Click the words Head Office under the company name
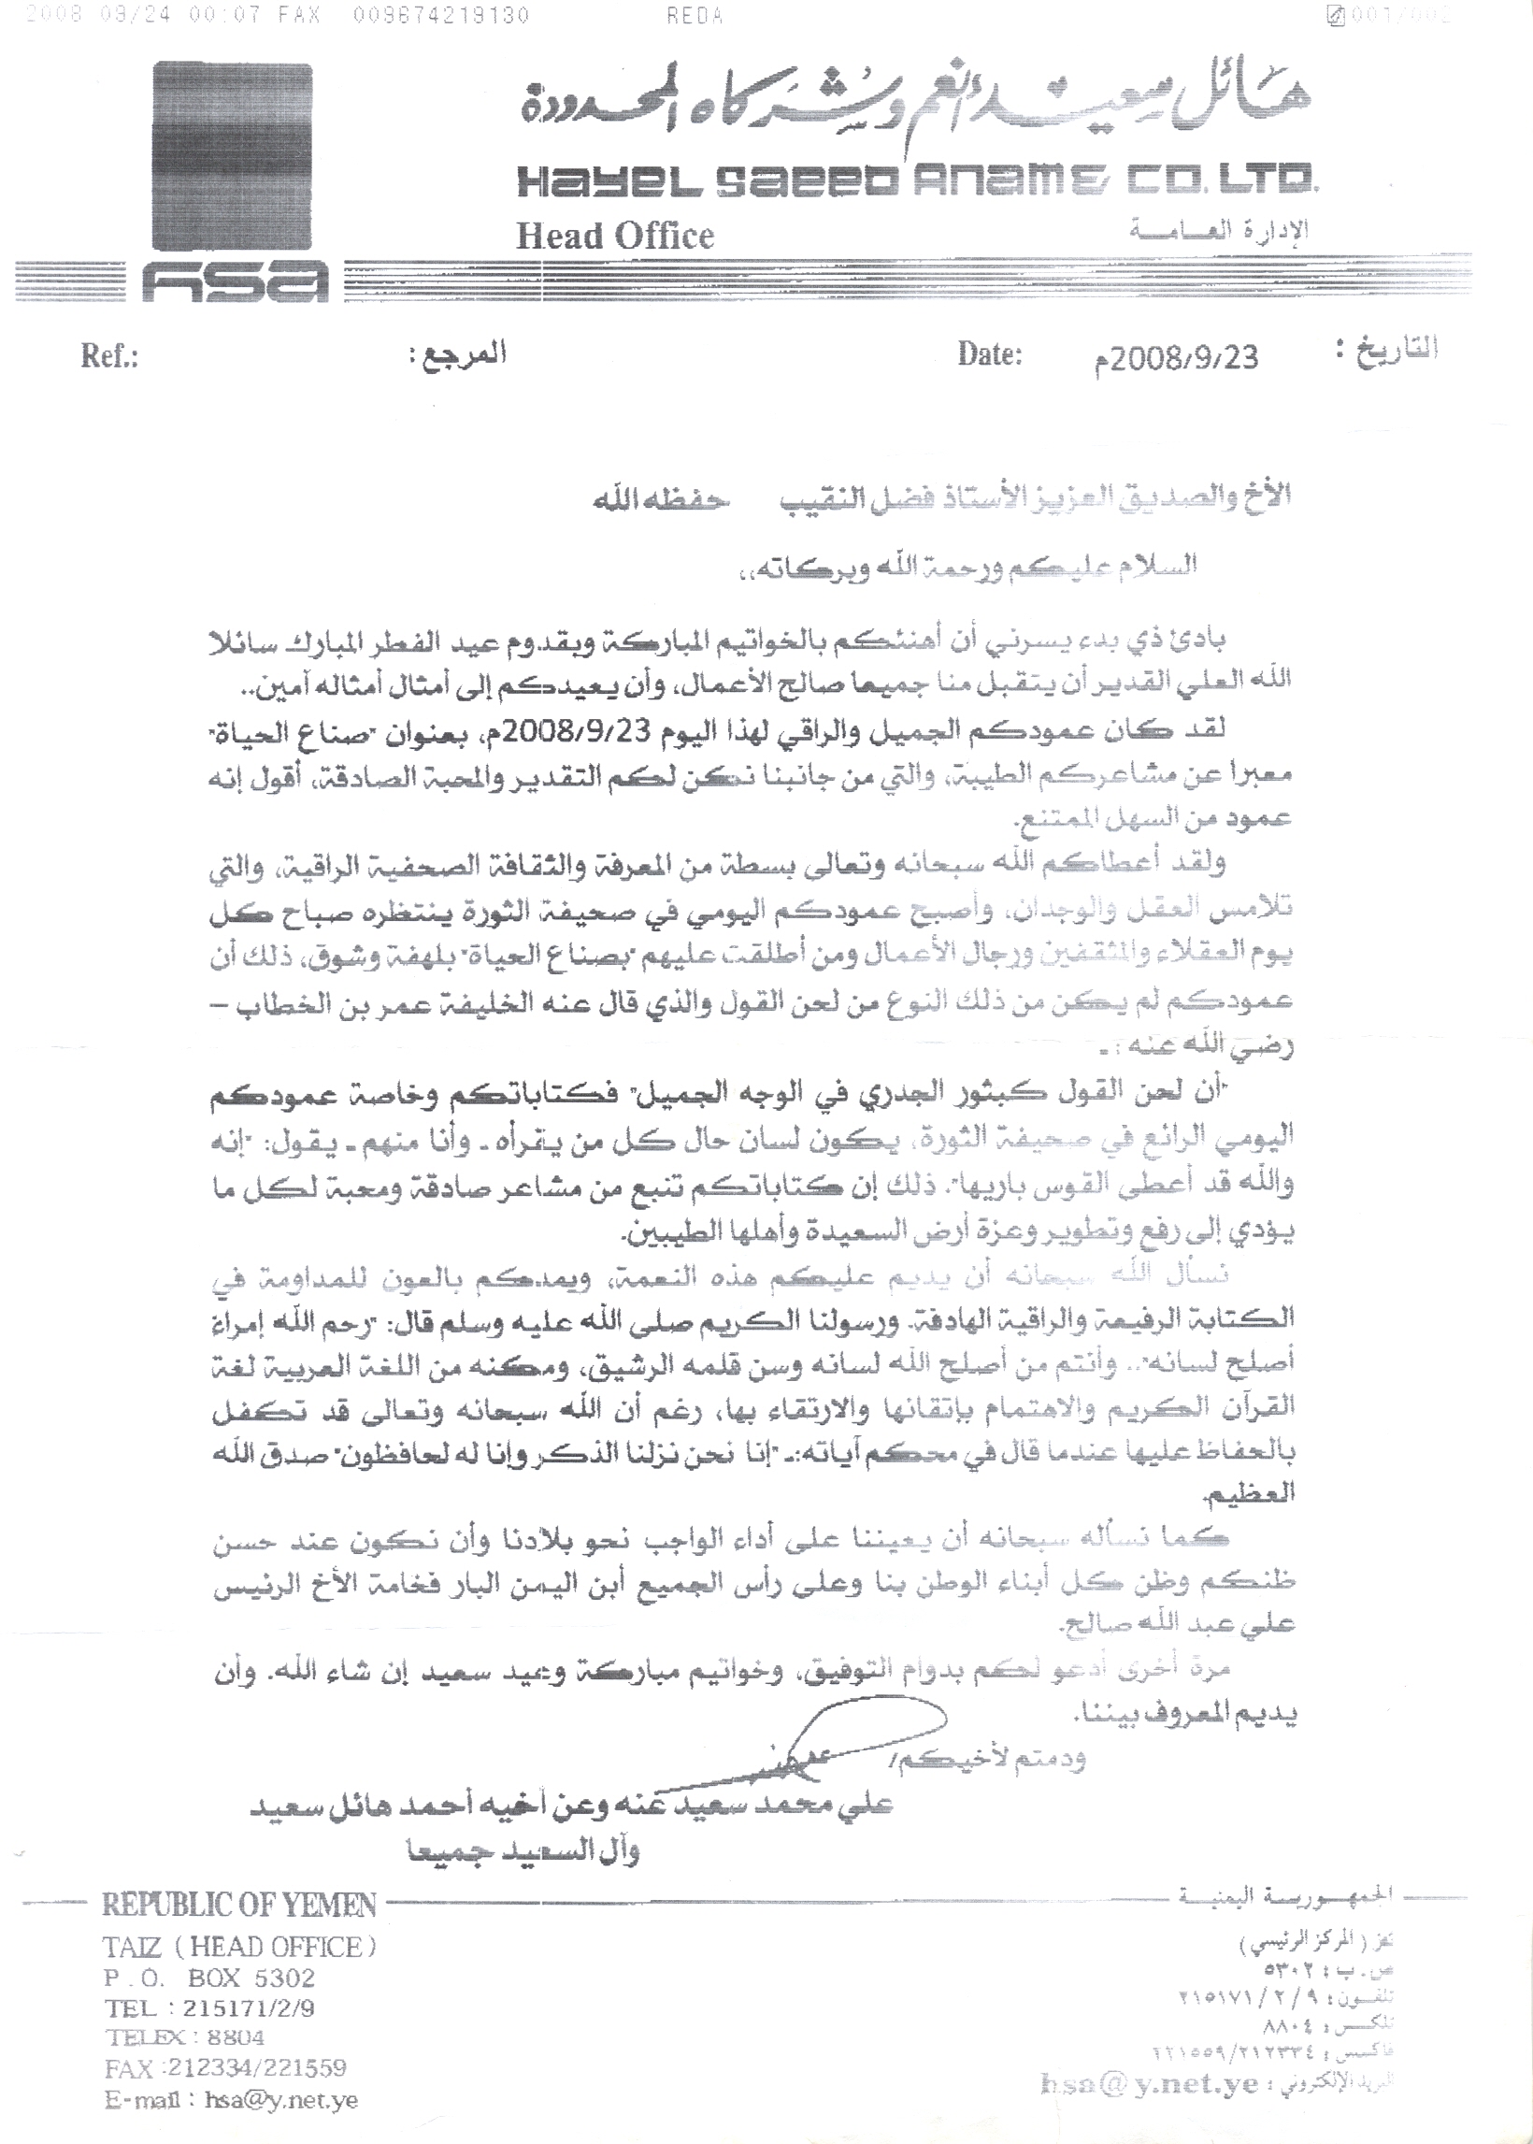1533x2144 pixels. pyautogui.click(x=614, y=235)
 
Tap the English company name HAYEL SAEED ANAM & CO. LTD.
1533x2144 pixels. pyautogui.click(x=916, y=180)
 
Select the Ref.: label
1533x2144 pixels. pyautogui.click(x=109, y=356)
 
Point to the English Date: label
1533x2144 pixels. pyautogui.click(x=989, y=354)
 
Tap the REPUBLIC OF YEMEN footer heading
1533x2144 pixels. pyautogui.click(x=238, y=1906)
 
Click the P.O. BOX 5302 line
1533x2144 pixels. pyautogui.click(x=209, y=1978)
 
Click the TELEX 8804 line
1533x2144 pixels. pyautogui.click(x=185, y=2037)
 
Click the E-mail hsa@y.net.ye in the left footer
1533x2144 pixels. pyautogui.click(x=231, y=2101)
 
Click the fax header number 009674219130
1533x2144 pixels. pyautogui.click(x=441, y=16)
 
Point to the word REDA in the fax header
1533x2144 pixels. pyautogui.click(x=695, y=16)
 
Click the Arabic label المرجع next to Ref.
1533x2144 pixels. pyautogui.click(x=458, y=353)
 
